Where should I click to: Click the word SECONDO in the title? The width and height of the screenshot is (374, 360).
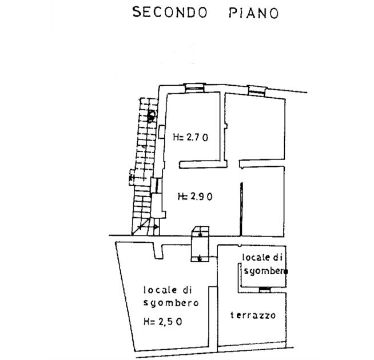point(170,13)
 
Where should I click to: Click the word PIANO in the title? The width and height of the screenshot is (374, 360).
point(250,13)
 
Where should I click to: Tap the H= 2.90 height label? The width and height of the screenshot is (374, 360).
point(195,196)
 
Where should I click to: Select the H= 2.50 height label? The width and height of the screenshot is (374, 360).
point(164,322)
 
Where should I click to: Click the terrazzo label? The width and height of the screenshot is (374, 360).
point(253,315)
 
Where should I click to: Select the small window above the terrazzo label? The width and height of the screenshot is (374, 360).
point(264,290)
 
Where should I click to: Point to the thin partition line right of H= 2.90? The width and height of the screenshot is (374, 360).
point(242,208)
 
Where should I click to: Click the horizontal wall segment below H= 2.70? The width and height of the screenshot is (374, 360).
point(200,165)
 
